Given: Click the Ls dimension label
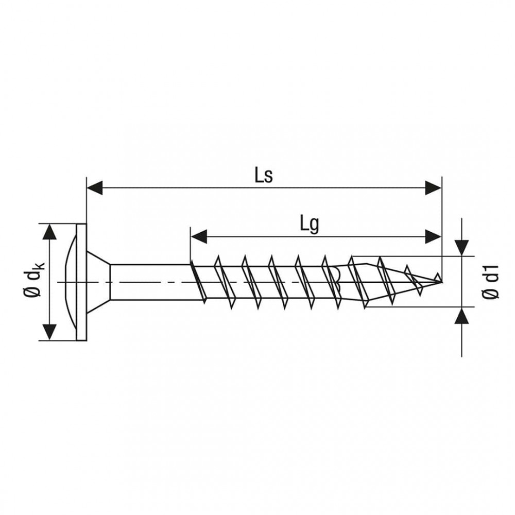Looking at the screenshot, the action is click(264, 176).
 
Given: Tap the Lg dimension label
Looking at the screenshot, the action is click(309, 226).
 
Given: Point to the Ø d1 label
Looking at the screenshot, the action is click(491, 281).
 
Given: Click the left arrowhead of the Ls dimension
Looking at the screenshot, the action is click(95, 188).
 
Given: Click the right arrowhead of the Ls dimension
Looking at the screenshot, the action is click(433, 188).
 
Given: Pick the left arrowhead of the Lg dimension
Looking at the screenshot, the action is click(199, 236).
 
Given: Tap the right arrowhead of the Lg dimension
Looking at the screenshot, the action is click(433, 236).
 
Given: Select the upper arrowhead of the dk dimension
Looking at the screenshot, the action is click(49, 232).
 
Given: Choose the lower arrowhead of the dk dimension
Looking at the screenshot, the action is click(49, 332).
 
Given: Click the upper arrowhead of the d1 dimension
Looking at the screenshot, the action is click(462, 247).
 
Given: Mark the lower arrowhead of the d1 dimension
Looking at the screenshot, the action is click(462, 316).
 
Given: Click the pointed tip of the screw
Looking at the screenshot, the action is click(441, 282).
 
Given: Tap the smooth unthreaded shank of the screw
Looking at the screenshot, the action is click(150, 282).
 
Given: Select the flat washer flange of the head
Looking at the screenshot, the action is click(81, 282).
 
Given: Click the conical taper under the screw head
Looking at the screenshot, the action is click(98, 282).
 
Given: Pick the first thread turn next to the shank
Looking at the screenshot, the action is click(198, 282).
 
